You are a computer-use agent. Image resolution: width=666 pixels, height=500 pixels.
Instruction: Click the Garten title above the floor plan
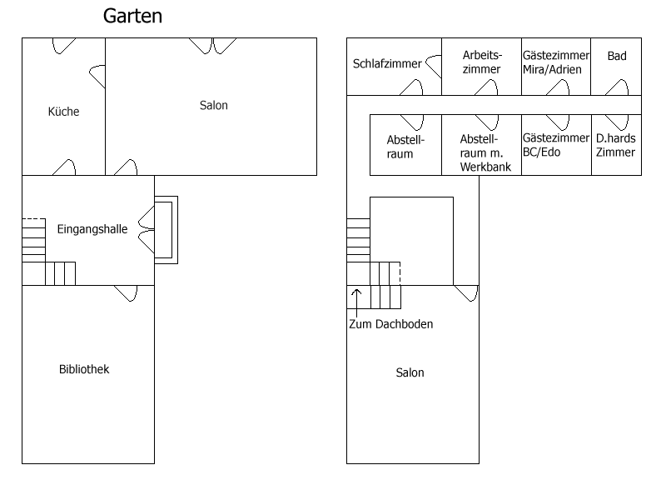point(132,16)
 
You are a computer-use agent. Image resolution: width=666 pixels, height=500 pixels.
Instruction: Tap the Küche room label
point(64,112)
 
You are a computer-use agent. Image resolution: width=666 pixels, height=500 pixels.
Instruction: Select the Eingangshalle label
point(92,229)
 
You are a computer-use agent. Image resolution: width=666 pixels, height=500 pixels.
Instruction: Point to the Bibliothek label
point(84,369)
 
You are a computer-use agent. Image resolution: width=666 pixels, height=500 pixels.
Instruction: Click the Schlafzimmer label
point(387,64)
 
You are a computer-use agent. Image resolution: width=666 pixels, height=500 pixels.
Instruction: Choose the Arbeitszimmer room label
point(482,62)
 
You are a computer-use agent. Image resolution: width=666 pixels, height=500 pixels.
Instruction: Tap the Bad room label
point(617,56)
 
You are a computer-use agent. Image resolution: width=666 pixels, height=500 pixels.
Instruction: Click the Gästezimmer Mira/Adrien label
point(555,62)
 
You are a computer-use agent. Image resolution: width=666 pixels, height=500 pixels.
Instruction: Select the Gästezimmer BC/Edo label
point(555,145)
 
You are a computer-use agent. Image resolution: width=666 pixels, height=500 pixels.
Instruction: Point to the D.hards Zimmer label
point(615,145)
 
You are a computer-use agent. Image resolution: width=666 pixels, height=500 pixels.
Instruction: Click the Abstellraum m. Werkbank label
point(485,152)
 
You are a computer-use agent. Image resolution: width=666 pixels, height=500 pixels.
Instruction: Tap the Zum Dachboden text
point(390,324)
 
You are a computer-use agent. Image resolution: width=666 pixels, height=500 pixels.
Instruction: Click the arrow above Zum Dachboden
point(356,302)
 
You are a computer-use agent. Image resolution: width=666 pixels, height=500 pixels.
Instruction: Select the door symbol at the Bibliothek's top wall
point(127,293)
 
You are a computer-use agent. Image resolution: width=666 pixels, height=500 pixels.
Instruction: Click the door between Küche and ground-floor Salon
point(97,77)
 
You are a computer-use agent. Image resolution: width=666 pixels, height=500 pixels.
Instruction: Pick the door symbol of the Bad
point(616,87)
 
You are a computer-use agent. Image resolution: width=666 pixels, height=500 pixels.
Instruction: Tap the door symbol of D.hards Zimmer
point(616,122)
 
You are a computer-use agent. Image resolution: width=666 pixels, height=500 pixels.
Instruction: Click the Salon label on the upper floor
point(410,372)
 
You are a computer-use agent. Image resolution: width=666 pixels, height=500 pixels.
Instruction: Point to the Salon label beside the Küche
point(214,106)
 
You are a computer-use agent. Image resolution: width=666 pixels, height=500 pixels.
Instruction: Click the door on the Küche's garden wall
point(64,46)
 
